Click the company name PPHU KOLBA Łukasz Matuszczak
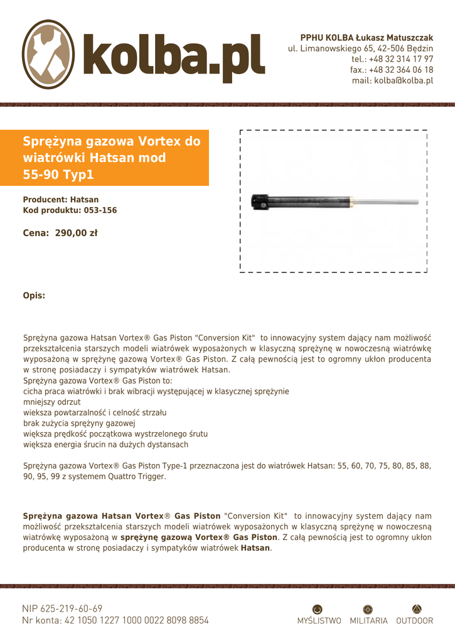point(367,38)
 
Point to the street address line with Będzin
point(360,48)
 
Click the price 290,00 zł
point(76,233)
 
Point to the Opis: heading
point(34,295)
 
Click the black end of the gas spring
point(260,202)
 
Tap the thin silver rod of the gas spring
point(389,202)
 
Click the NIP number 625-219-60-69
point(71,608)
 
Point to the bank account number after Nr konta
point(136,620)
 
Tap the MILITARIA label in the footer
point(368,620)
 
